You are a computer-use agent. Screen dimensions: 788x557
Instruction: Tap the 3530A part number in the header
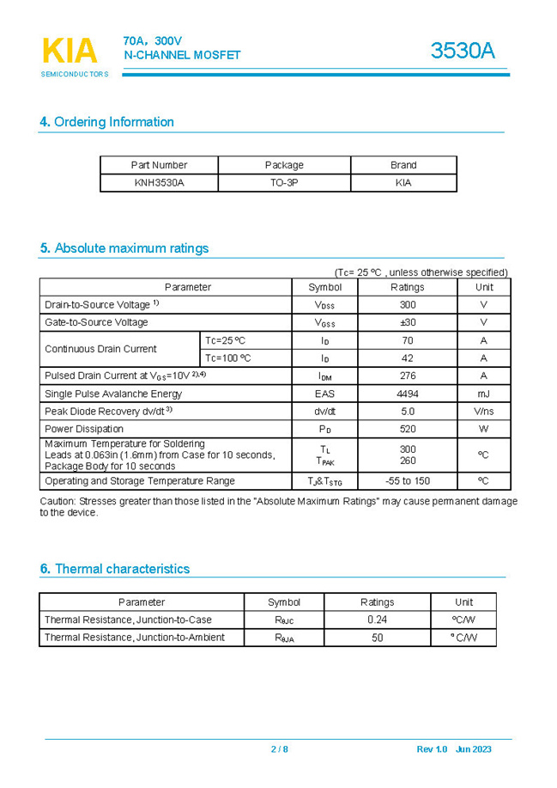pos(463,52)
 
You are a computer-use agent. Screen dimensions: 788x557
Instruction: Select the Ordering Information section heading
pos(106,122)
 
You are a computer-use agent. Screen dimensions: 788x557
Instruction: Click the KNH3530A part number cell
pos(159,183)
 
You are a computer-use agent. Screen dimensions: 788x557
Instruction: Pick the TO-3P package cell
pos(284,183)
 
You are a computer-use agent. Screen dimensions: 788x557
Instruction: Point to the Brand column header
pos(403,165)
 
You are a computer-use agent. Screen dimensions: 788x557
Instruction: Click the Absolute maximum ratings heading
pos(124,248)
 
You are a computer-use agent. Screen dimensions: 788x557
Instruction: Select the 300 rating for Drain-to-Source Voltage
pos(408,305)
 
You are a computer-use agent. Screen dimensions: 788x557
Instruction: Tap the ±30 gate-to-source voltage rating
pos(408,322)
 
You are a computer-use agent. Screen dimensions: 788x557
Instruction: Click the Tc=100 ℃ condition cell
pos(228,358)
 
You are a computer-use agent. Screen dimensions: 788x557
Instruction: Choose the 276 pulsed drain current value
pos(408,376)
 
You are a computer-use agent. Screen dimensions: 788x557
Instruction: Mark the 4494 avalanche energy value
pos(408,394)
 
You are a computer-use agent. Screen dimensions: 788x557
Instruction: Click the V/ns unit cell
pos(483,412)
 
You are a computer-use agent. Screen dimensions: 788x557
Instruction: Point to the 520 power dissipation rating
pos(408,429)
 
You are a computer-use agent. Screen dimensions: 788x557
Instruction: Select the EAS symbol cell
pos(325,394)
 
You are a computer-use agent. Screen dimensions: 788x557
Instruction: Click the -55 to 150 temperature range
pos(408,481)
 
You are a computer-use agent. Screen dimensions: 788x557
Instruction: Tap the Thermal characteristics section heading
pos(114,569)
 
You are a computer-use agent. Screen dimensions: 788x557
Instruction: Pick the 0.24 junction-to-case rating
pos(377,620)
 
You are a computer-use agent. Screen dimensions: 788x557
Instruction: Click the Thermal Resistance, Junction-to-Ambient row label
pos(135,638)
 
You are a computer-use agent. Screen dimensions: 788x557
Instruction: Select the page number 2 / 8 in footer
pos(280,749)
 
